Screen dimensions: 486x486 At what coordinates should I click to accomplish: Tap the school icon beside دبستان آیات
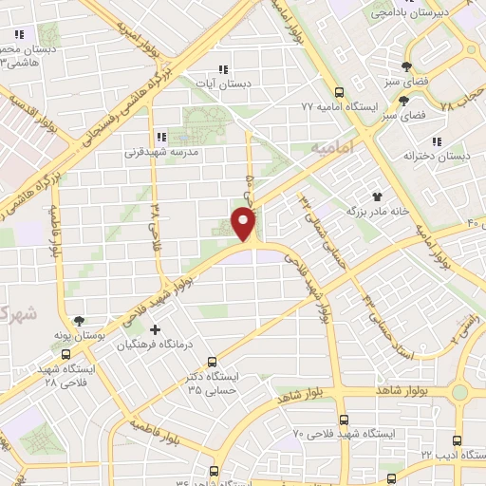tap(223, 69)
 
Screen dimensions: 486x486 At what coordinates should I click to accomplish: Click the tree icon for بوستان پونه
tap(78, 322)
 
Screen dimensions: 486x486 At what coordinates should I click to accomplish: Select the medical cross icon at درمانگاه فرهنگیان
tap(156, 330)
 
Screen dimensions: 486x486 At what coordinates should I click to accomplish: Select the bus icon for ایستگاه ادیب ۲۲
tap(458, 440)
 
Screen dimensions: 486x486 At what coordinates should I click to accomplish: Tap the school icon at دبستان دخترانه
tap(463, 141)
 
